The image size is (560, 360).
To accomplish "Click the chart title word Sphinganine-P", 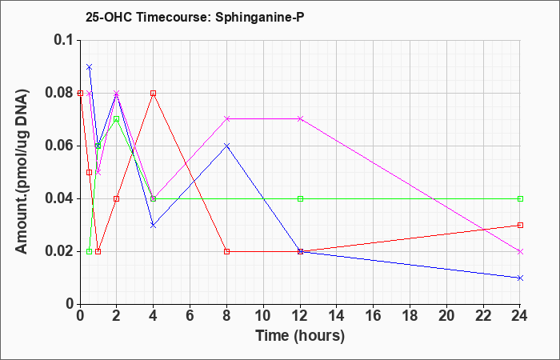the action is pyautogui.click(x=260, y=17).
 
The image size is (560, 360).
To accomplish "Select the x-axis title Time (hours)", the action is pyautogui.click(x=300, y=336).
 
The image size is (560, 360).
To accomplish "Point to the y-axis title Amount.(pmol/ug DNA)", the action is pyautogui.click(x=22, y=171).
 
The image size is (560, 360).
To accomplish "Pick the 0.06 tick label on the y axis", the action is pyautogui.click(x=61, y=146).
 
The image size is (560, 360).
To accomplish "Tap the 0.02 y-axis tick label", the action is pyautogui.click(x=61, y=251).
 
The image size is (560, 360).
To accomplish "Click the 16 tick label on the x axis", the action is pyautogui.click(x=374, y=316).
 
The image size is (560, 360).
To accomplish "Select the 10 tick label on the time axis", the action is pyautogui.click(x=263, y=316).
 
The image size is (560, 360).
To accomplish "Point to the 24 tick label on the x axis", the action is pyautogui.click(x=520, y=316).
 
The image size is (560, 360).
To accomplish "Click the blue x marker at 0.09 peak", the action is pyautogui.click(x=90, y=66).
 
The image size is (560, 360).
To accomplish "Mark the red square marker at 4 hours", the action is pyautogui.click(x=154, y=94).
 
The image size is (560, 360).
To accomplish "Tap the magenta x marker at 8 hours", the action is pyautogui.click(x=226, y=118).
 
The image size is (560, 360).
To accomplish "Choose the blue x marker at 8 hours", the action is pyautogui.click(x=226, y=146).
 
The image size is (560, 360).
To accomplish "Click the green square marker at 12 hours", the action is pyautogui.click(x=300, y=198).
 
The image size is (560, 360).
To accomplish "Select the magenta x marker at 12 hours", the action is pyautogui.click(x=300, y=118).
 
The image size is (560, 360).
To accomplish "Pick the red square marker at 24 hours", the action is pyautogui.click(x=520, y=225).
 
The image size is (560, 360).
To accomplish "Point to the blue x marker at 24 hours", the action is pyautogui.click(x=520, y=278).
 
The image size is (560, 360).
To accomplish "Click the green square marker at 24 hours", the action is pyautogui.click(x=520, y=198).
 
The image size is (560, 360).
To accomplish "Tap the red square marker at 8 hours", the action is pyautogui.click(x=226, y=251).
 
